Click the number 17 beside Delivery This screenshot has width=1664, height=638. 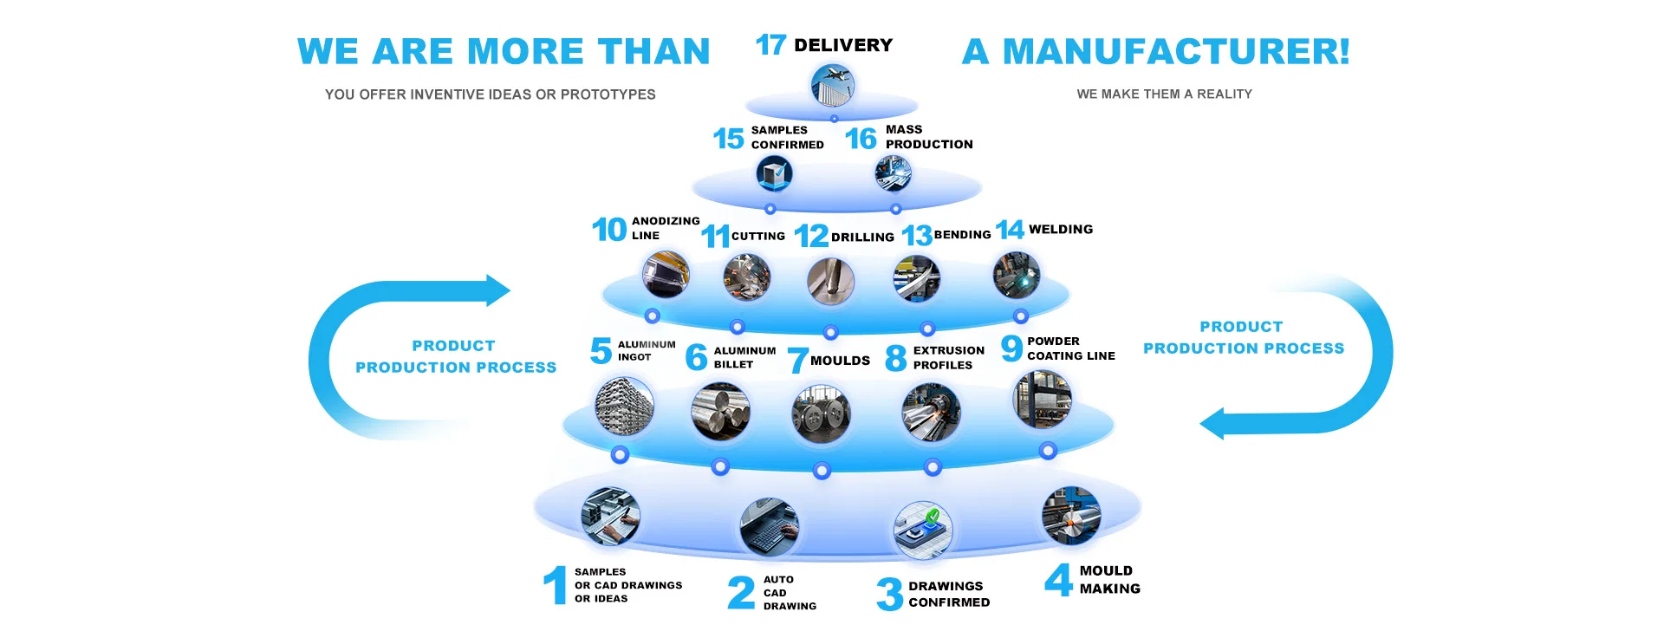pos(770,44)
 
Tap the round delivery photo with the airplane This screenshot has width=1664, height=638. pos(833,86)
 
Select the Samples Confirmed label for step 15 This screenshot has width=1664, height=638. pos(787,137)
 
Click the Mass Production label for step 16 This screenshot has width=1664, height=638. pos(928,137)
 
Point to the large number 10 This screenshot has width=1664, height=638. pos(609,230)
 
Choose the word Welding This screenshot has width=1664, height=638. pos(1060,229)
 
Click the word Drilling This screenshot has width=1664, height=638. pos(862,237)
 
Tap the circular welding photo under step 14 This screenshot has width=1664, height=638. pos(1016,276)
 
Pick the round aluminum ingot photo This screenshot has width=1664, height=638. pos(624,406)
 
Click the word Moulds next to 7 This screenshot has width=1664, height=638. pos(840,361)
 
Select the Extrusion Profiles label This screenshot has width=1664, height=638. pos(948,357)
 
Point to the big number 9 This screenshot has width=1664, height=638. pos(1011,348)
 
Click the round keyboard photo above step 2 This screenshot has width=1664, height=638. pos(770,527)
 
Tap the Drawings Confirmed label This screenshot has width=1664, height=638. pos(948,594)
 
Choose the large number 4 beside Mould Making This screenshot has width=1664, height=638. pos(1058,580)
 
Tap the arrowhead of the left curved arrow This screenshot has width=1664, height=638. pos(497,290)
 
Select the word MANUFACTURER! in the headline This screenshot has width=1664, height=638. pos(1176,51)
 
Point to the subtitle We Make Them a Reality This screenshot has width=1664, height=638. pos(1164,94)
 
